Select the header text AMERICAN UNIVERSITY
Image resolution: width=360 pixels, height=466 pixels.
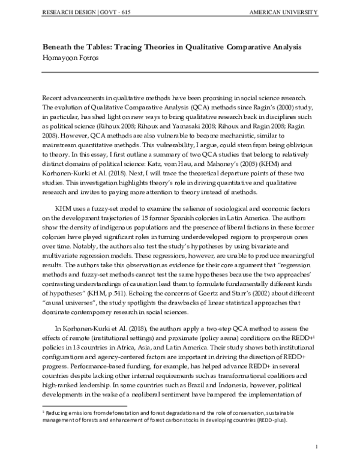pos(286,13)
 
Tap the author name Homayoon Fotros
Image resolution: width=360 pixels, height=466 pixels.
pos(70,57)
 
